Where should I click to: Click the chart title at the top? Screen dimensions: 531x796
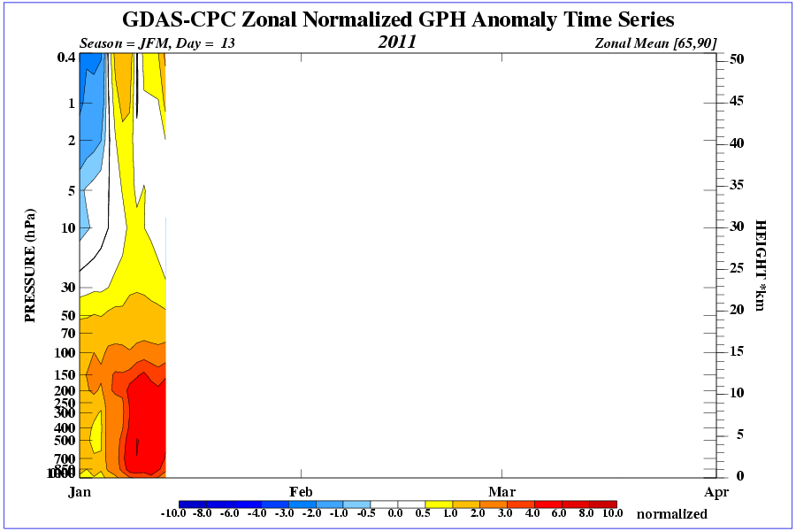tap(397, 19)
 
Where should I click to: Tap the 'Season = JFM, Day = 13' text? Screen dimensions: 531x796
tap(157, 42)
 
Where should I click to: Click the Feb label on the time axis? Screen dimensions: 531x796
tap(301, 491)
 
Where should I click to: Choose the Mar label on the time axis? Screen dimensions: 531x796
tap(502, 491)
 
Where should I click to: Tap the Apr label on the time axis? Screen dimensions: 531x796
tap(716, 491)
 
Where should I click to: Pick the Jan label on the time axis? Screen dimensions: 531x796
tap(80, 491)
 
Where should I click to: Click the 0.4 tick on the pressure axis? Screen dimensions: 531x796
tap(65, 58)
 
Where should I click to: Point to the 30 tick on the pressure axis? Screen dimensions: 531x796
tap(67, 288)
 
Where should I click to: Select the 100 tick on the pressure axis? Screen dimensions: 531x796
tap(64, 352)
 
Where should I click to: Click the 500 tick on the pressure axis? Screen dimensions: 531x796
tap(64, 440)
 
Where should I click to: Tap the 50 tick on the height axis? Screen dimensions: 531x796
tap(737, 59)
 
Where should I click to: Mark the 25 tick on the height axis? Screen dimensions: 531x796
tap(737, 267)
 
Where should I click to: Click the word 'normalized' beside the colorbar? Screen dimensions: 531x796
tap(672, 513)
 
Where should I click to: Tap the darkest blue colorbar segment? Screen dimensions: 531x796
tap(193, 504)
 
